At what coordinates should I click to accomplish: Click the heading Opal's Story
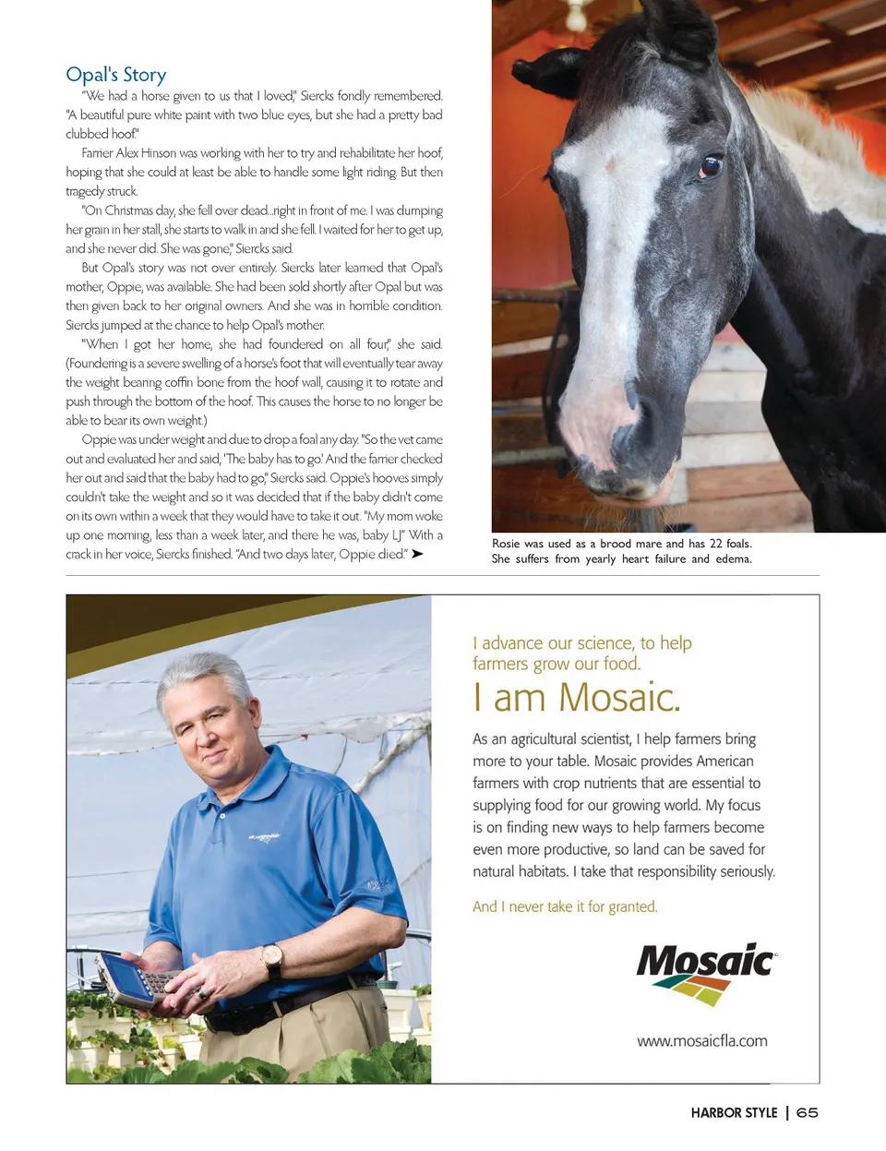point(116,75)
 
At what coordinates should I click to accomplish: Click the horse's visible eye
point(711,167)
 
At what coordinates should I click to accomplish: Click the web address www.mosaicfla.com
point(701,1041)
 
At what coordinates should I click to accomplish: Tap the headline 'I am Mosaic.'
point(576,698)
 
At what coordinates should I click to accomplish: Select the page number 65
point(808,1113)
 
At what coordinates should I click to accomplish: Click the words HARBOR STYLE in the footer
point(734,1113)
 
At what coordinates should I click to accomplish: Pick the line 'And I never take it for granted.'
point(565,907)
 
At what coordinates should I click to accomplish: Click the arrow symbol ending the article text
point(417,554)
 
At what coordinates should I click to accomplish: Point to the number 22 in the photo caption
point(716,544)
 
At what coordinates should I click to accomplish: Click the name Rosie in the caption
point(506,544)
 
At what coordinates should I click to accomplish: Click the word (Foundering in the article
point(96,364)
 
